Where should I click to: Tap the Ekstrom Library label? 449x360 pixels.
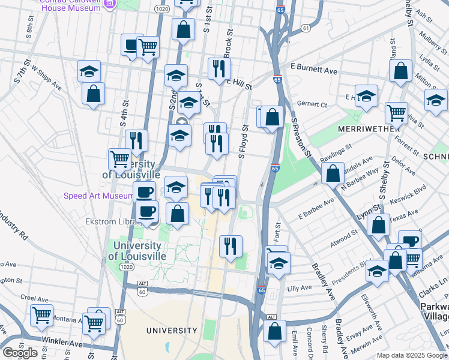point(109,221)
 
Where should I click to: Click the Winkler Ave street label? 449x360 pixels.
point(62,344)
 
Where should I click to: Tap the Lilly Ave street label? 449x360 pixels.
point(300,288)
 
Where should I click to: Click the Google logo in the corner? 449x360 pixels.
point(20,353)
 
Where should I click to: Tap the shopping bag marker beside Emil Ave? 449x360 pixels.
point(275,331)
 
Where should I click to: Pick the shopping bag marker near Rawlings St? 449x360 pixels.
point(333,173)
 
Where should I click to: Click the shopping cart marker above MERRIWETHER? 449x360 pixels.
point(396,112)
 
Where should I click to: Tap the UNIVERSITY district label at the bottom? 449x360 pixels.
point(172,331)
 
